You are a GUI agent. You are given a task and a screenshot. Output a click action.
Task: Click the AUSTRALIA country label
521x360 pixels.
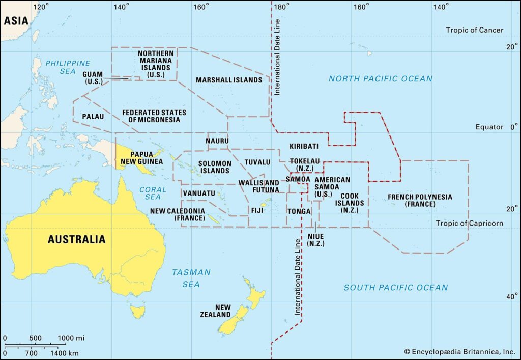77,239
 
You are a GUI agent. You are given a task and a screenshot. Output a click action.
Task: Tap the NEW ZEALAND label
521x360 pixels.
222,311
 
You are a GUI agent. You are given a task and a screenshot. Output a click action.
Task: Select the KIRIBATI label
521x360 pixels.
304,146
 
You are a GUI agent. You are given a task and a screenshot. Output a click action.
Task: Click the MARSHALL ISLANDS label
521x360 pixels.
229,80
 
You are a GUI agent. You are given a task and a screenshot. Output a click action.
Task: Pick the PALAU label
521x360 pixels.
93,116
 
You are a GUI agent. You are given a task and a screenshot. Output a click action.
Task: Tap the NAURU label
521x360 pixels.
217,141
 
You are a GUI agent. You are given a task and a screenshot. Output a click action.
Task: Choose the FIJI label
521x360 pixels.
257,210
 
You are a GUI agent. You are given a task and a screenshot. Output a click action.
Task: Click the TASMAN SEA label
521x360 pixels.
191,278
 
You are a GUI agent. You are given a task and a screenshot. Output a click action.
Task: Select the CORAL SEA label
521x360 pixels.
153,193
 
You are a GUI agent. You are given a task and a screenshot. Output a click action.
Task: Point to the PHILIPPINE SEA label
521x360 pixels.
68,67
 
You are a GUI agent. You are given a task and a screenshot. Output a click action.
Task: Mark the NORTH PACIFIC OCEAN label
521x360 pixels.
380,79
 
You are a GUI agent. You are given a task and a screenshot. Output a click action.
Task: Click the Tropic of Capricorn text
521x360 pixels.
469,223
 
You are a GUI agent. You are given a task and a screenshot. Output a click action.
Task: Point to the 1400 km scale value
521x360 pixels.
65,353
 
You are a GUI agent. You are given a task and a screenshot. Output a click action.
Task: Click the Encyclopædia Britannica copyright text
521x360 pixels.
460,351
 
